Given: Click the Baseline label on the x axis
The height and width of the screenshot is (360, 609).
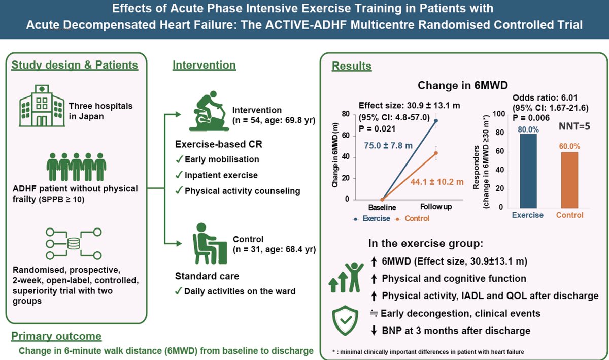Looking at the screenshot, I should (382, 207).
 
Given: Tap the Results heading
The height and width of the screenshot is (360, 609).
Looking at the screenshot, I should (352, 66).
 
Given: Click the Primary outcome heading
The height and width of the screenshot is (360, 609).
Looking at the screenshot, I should (56, 336).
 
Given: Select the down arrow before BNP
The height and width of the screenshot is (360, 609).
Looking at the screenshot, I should (374, 331).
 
